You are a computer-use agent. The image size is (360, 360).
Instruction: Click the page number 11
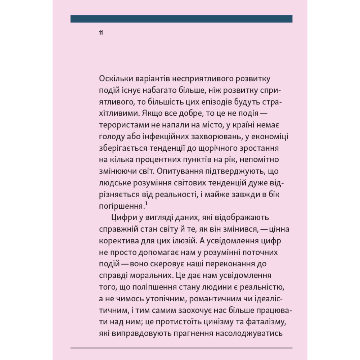[x=101, y=33]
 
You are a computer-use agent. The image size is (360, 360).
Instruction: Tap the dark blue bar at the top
[x=181, y=19]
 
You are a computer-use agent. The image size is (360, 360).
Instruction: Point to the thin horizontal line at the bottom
[x=181, y=348]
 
